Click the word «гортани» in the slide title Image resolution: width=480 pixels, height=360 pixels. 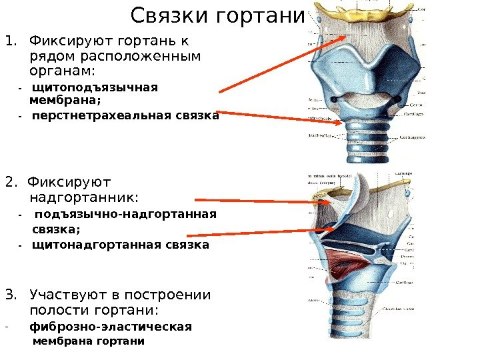coord(261,15)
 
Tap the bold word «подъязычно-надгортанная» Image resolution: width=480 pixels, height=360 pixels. coord(125,215)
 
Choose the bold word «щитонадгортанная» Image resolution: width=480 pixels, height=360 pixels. coord(93,245)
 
